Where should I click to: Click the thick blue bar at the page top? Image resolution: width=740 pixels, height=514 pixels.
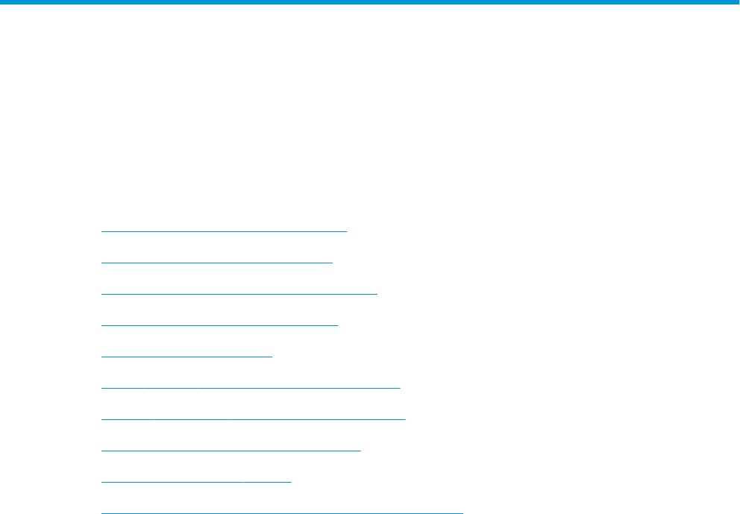tap(370, 2)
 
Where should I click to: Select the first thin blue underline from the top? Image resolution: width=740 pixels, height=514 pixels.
tap(224, 231)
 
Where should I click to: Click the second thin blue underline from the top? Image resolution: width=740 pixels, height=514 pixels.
tap(216, 263)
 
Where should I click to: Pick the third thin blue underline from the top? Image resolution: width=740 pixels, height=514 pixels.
tap(239, 294)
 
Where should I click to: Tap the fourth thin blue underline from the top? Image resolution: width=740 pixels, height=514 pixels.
tap(219, 325)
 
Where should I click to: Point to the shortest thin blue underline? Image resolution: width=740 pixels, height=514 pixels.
tap(186, 357)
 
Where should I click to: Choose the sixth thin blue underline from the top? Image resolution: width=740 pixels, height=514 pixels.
tap(250, 388)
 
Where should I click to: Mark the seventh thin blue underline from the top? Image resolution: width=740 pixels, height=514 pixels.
tap(253, 419)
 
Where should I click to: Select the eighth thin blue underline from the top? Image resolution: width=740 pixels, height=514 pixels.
tap(231, 451)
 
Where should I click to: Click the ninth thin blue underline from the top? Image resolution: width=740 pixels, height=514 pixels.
tap(195, 482)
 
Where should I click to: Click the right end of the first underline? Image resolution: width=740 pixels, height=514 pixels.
tap(347, 231)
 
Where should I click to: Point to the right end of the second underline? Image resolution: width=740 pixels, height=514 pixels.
tap(332, 263)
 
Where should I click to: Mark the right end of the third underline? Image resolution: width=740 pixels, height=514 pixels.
tap(377, 294)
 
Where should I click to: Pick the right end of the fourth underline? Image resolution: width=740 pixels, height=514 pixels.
tap(338, 325)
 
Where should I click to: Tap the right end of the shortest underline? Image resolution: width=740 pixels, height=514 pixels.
tap(272, 357)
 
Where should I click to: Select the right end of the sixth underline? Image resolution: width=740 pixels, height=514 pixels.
tap(400, 388)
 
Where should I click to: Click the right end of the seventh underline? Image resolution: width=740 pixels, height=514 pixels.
tap(405, 419)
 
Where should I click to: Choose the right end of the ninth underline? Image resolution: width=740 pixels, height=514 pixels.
tap(291, 482)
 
